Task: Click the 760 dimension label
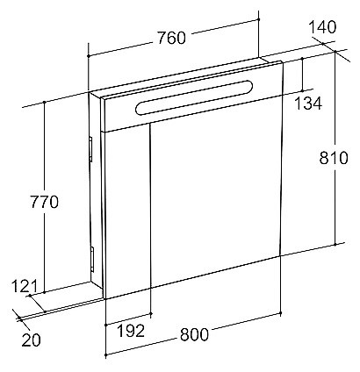coord(171,39)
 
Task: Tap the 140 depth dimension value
coord(322,27)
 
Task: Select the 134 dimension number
coord(308,104)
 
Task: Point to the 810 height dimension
coord(334,158)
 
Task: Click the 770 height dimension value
coord(45,202)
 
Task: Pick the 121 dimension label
coord(25,286)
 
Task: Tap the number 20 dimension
coord(31,340)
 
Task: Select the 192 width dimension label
coord(131,331)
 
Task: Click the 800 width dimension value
coord(194,334)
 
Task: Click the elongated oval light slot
coord(194,97)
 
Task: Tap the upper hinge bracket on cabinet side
coord(90,149)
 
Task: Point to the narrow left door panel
coord(127,211)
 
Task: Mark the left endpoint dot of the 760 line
coord(88,55)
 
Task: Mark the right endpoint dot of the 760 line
coord(259,19)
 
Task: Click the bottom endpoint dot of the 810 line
coord(335,244)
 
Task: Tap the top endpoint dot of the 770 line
coord(44,102)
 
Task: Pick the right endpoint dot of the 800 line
coord(280,313)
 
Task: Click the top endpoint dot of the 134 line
coord(303,59)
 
